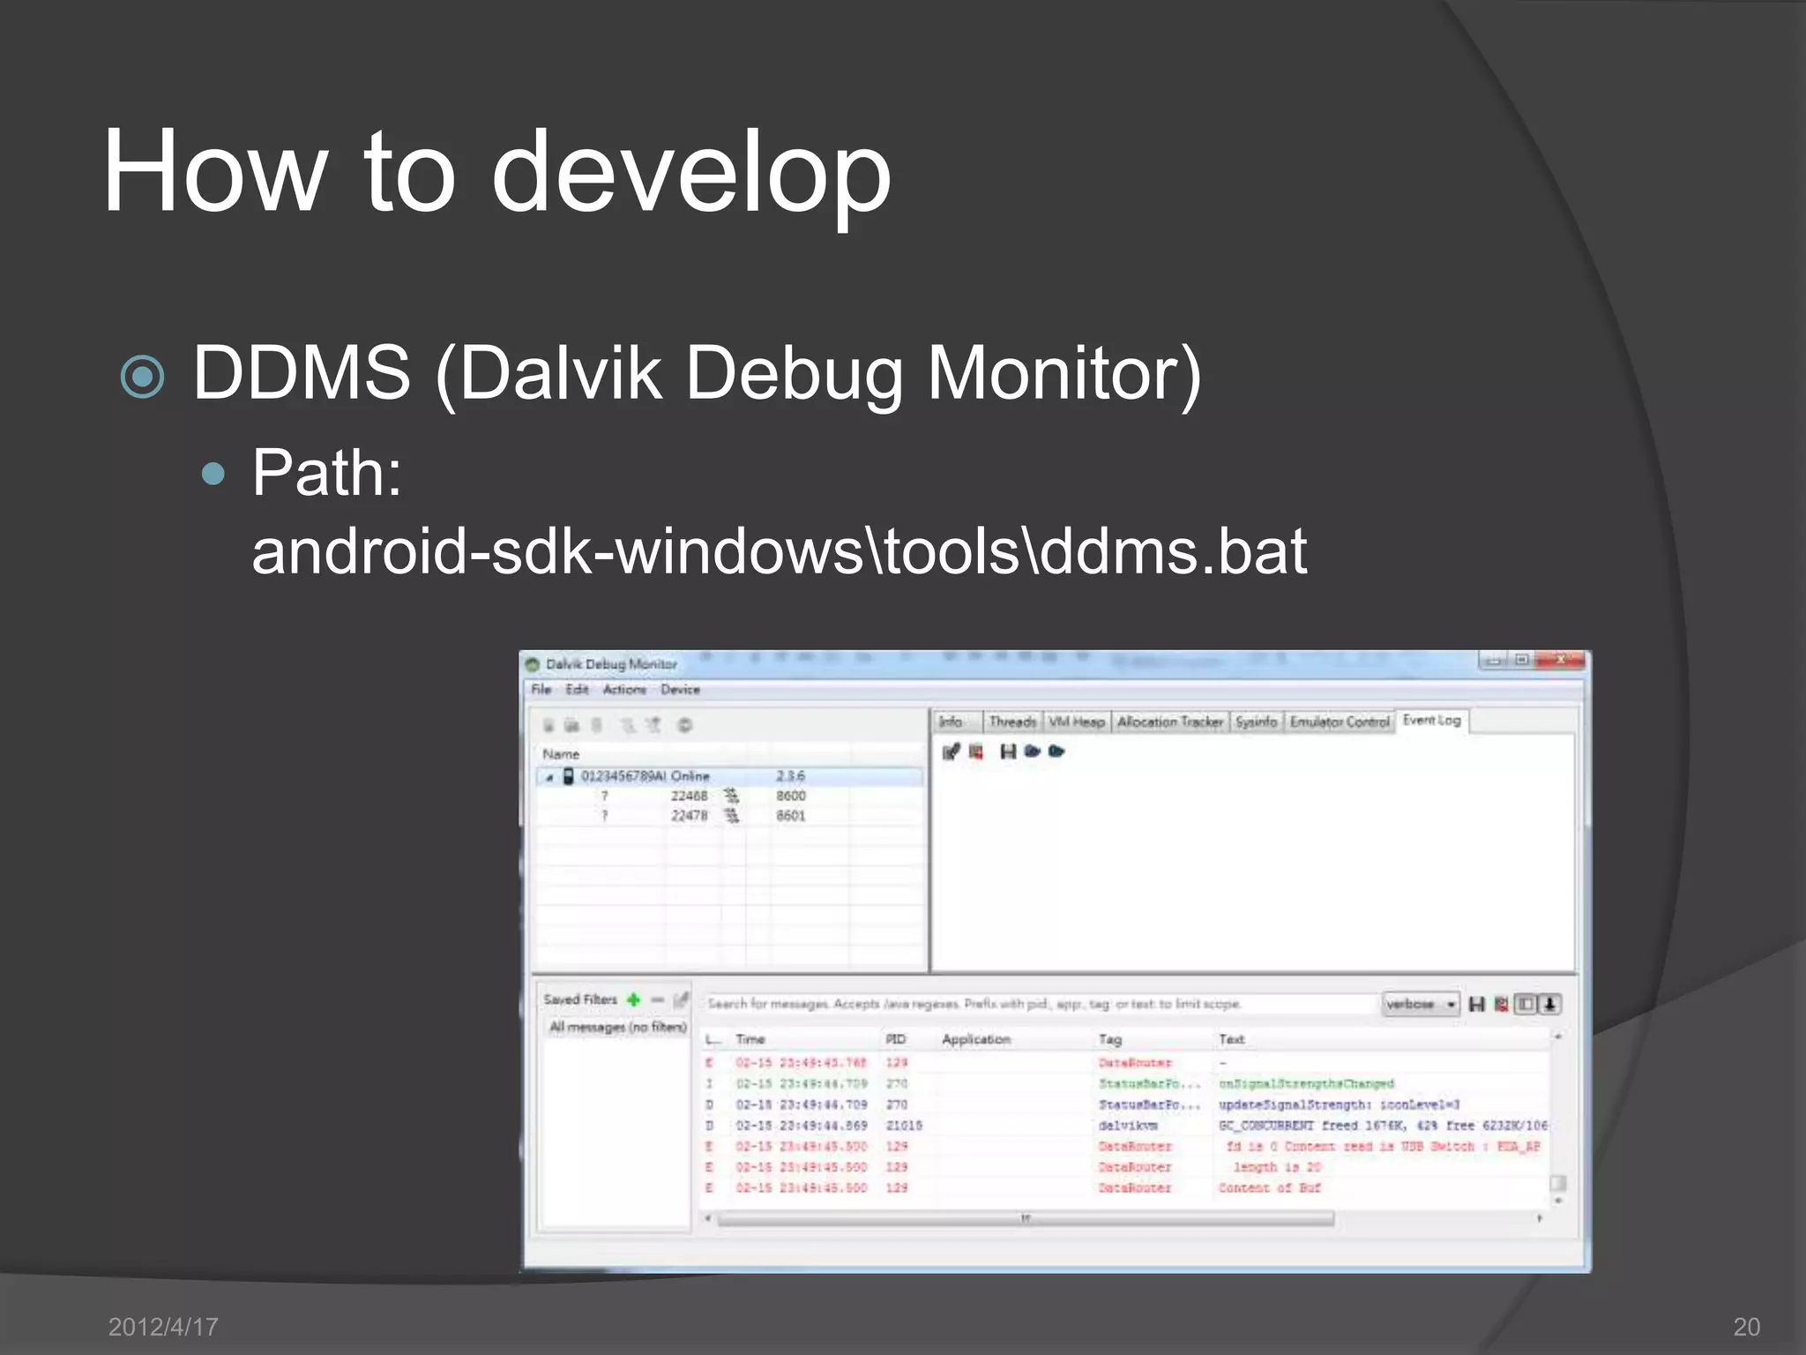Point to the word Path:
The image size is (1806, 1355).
point(327,473)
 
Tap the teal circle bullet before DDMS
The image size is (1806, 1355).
point(143,377)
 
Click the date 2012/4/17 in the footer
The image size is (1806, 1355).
point(163,1326)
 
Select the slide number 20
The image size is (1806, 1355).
point(1746,1326)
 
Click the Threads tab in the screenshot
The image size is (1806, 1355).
point(1011,722)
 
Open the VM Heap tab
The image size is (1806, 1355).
point(1076,722)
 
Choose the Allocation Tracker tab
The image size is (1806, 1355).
point(1169,722)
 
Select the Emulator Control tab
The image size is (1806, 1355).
point(1339,722)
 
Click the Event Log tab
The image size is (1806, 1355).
point(1431,720)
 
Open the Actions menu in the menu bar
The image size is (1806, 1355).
point(624,689)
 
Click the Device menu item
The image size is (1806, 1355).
point(680,689)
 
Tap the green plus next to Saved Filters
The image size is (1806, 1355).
point(633,999)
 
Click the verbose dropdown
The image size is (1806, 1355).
point(1420,1004)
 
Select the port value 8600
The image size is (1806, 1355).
point(790,796)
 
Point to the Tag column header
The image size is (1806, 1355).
point(1109,1039)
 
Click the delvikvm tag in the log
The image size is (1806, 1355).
point(1128,1126)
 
